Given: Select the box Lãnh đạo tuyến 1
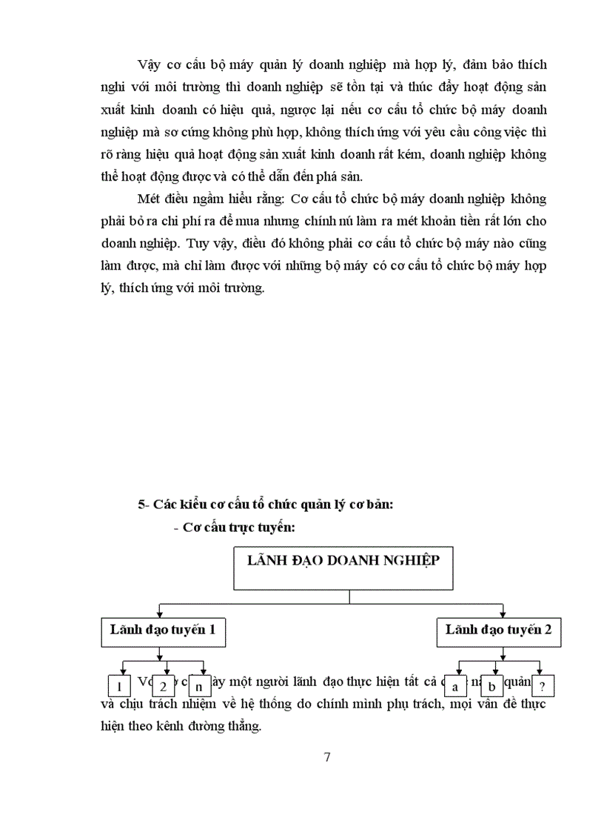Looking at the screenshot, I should (x=162, y=630).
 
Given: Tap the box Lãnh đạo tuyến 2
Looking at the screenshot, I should (x=503, y=630).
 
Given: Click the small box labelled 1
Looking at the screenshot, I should (x=119, y=685).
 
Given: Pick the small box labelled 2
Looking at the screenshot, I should (x=163, y=685).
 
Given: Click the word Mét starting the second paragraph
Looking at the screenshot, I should (x=149, y=199).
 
